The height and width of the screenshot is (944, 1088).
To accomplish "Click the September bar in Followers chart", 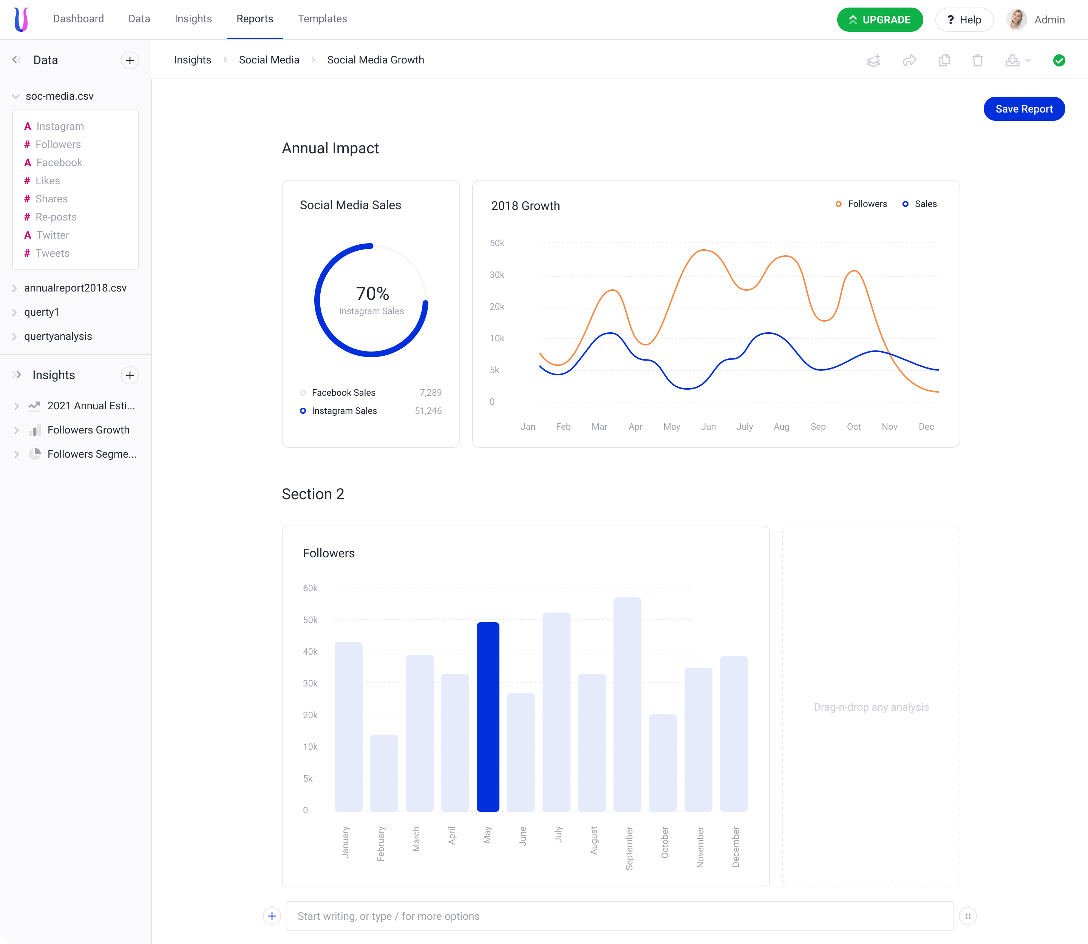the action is tap(627, 704).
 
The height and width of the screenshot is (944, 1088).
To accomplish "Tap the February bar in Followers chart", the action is tap(384, 773).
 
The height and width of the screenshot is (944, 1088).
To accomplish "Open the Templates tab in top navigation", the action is tap(322, 19).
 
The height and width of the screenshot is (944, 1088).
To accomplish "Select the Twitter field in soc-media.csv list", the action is tap(53, 235).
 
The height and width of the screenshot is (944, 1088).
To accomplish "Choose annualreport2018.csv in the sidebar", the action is tap(76, 288).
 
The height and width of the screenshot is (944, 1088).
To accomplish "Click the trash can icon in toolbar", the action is tap(977, 60).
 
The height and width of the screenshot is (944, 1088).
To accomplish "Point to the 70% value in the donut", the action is tap(372, 293).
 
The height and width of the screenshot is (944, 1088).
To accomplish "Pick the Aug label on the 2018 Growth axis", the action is tap(781, 427).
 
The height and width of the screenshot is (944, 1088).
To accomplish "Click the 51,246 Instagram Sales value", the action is tap(428, 411).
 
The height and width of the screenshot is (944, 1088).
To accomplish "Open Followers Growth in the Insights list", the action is tap(88, 430).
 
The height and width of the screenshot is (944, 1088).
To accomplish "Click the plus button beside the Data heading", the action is tap(130, 60).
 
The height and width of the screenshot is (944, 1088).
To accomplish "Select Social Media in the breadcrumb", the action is tap(269, 60).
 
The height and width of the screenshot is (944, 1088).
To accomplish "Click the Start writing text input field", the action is tap(620, 916).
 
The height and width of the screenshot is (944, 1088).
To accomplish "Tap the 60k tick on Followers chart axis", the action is tap(310, 588).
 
